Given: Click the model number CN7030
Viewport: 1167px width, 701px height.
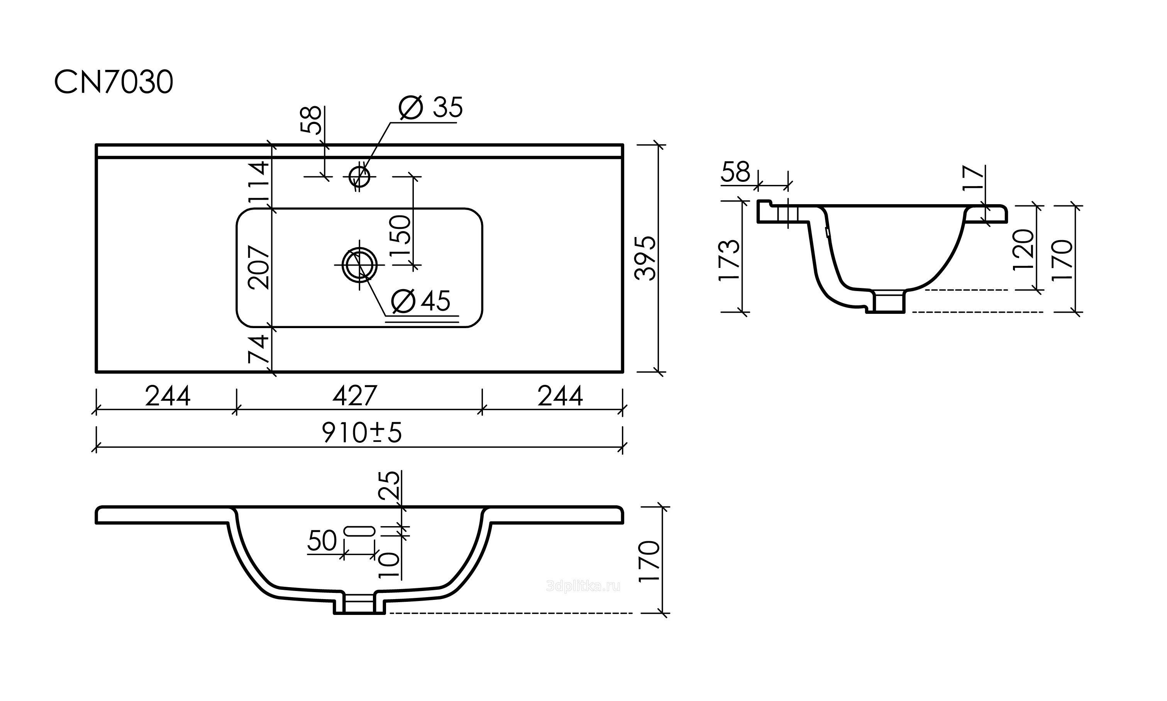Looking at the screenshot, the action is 114,83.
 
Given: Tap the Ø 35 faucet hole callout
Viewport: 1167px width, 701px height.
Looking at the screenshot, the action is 431,108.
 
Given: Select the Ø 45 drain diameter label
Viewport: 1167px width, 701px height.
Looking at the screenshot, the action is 421,301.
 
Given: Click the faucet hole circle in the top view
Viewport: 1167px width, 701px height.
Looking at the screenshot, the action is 359,177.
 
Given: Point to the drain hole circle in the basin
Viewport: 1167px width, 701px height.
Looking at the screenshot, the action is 359,265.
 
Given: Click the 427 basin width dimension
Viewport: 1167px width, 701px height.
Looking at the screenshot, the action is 355,396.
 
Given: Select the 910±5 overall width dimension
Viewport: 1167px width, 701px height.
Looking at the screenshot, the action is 362,433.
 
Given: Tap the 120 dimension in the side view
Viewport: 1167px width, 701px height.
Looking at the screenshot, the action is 1024,250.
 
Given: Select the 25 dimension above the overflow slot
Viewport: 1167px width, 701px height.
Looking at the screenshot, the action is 390,486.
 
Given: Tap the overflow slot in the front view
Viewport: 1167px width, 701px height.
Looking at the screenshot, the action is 359,531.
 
